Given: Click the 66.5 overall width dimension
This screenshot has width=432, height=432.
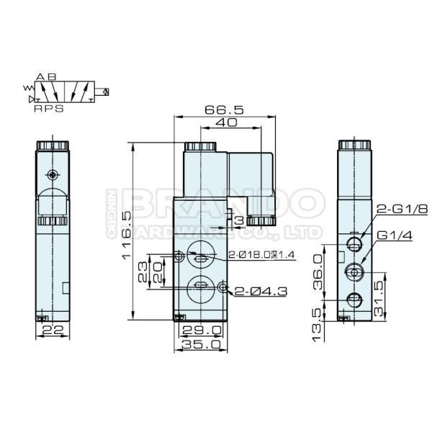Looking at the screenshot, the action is tap(224, 109).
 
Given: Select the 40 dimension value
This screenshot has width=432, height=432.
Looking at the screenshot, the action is tap(226, 122).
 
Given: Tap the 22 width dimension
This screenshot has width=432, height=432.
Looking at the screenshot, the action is tap(53, 329).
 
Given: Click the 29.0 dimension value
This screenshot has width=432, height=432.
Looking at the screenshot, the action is tap(202, 330).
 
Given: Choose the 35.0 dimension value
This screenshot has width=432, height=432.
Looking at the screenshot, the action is tap(202, 344).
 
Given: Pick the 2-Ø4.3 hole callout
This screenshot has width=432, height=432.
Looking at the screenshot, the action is tap(261, 291).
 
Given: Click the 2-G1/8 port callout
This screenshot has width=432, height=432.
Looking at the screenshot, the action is tap(402, 209).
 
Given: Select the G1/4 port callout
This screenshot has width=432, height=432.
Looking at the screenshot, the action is tap(395, 235).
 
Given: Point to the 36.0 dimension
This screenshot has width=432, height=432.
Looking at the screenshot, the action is tap(318, 271).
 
